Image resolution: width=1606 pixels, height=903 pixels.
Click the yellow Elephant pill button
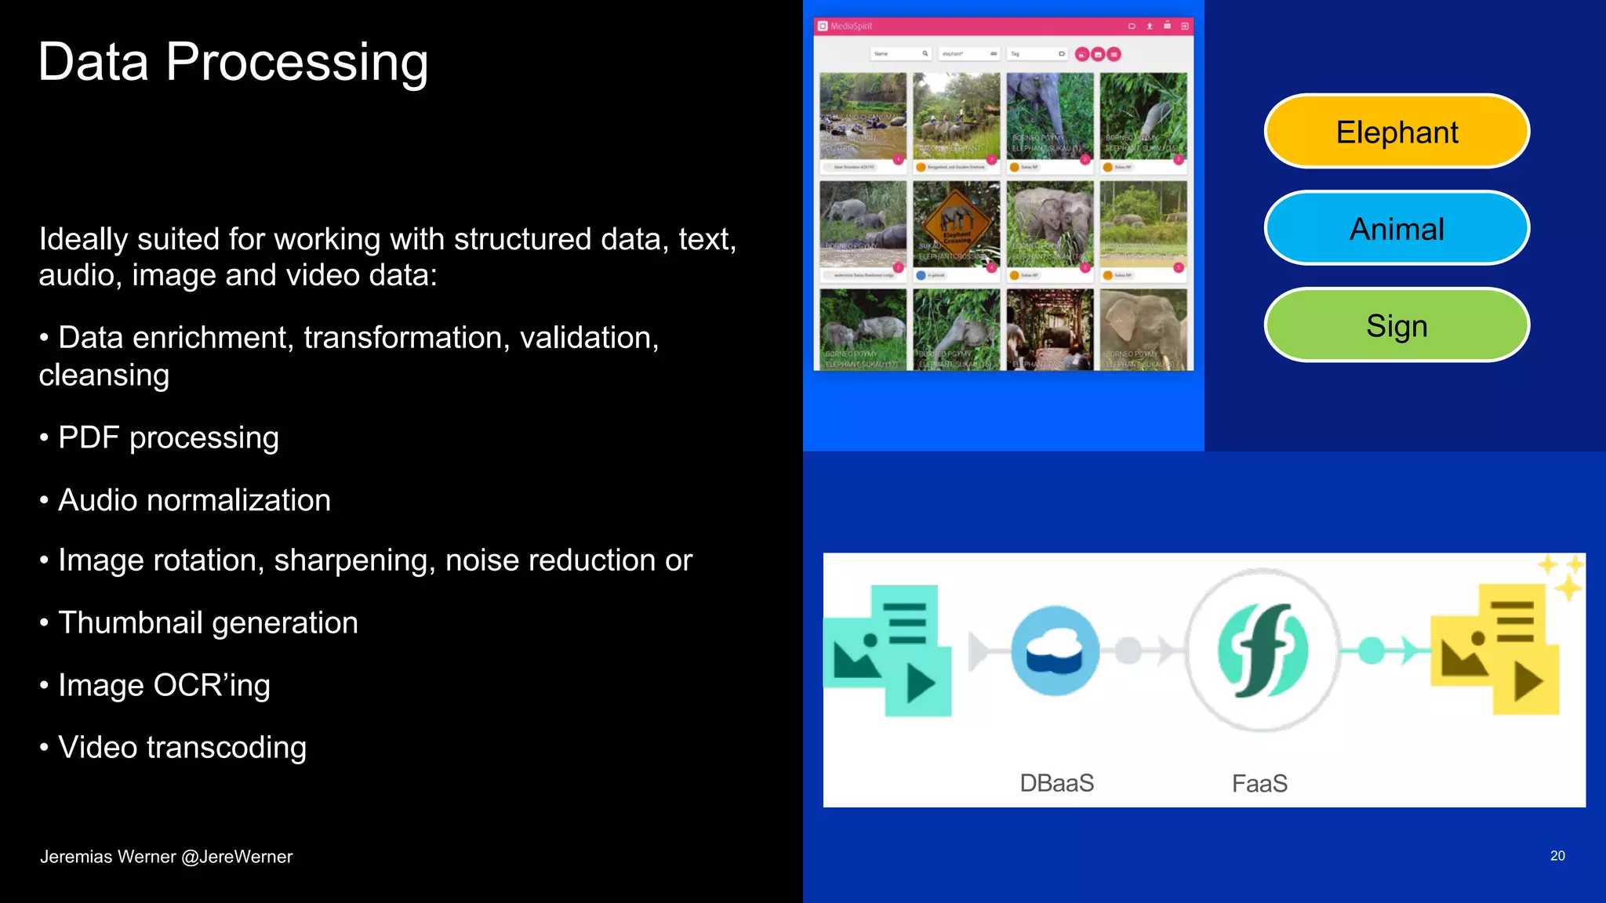[1397, 132]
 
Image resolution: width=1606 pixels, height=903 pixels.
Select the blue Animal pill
[1397, 229]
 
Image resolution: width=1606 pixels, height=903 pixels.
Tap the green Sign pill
[1397, 325]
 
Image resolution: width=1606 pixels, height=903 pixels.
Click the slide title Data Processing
[233, 62]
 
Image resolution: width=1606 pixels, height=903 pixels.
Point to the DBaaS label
[1056, 783]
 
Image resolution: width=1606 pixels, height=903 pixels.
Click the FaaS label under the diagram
[1259, 783]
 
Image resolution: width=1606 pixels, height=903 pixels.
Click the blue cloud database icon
[1055, 651]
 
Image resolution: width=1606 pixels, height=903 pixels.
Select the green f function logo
[1262, 651]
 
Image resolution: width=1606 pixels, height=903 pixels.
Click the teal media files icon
[888, 651]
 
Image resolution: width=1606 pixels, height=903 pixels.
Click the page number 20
[1557, 856]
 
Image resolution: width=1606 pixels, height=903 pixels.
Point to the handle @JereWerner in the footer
[237, 857]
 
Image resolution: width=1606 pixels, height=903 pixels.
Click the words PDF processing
[169, 437]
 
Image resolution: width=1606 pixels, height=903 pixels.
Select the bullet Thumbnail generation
[208, 622]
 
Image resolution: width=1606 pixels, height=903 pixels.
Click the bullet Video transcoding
[182, 747]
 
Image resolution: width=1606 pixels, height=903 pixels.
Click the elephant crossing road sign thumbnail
[956, 223]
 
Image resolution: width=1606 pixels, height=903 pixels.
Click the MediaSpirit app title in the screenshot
[851, 26]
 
